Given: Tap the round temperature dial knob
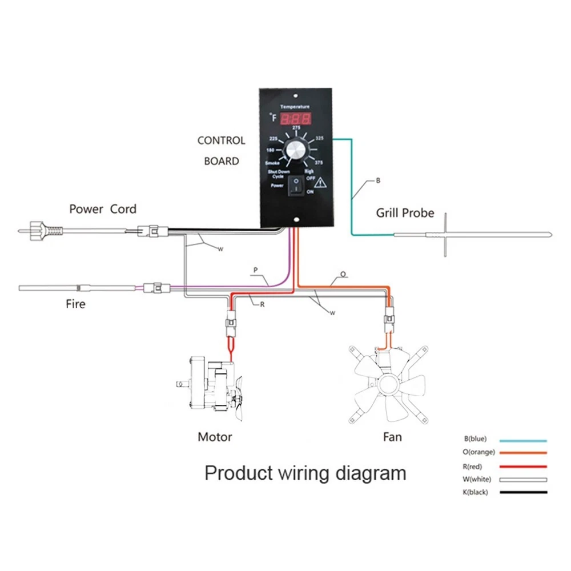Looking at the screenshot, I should coord(296,152).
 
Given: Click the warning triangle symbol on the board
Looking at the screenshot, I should coord(320,183).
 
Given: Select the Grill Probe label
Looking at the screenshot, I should coord(405,214).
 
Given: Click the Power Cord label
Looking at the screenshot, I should coord(103,209).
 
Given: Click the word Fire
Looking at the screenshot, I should coord(75,304).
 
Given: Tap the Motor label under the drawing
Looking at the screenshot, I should coord(215,437).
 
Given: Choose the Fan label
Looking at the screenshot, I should coord(392,437).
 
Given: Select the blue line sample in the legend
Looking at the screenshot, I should coord(523,441).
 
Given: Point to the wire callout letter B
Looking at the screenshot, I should coord(377,180).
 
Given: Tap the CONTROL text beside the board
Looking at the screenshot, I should coord(221,140).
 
